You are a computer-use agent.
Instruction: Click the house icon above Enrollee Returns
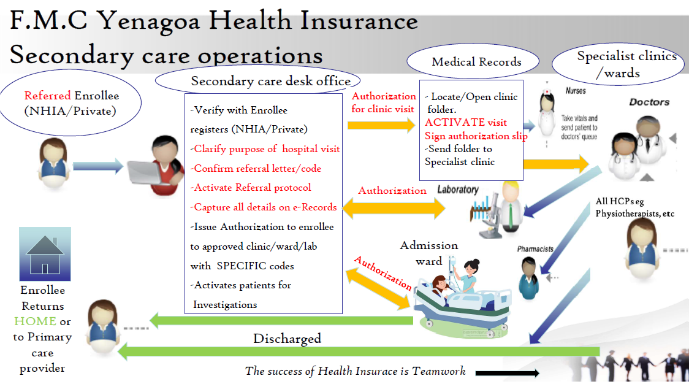point(45,254)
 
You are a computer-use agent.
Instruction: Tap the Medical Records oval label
point(473,61)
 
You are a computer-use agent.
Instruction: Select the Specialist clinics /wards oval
point(618,64)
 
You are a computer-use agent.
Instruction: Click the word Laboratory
point(458,190)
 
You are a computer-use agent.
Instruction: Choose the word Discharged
point(287,339)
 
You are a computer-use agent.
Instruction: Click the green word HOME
point(35,321)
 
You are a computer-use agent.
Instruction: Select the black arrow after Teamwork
point(507,374)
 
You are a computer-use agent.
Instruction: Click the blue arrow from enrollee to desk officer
point(98,166)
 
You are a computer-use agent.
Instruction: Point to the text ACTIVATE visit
point(466,122)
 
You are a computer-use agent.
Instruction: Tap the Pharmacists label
point(535,249)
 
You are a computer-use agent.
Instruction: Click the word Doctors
point(649,102)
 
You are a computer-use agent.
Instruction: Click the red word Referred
point(47,96)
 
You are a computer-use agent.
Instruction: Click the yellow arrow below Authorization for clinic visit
point(381,125)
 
